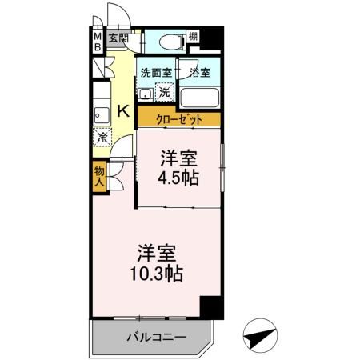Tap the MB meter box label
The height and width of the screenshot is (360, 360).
tap(97, 41)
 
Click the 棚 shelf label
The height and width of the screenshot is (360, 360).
tap(193, 37)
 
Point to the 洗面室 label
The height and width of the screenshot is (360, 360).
tap(156, 72)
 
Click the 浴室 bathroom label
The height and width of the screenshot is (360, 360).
tap(200, 72)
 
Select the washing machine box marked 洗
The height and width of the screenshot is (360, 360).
tap(163, 92)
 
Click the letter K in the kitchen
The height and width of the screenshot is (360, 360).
tap(124, 111)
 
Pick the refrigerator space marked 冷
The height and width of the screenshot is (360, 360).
tap(102, 137)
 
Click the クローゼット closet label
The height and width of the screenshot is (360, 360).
tap(178, 119)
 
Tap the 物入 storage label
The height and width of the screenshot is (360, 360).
tap(99, 174)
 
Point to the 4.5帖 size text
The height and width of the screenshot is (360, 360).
tap(178, 177)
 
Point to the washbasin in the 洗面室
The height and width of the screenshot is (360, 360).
tap(145, 94)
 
